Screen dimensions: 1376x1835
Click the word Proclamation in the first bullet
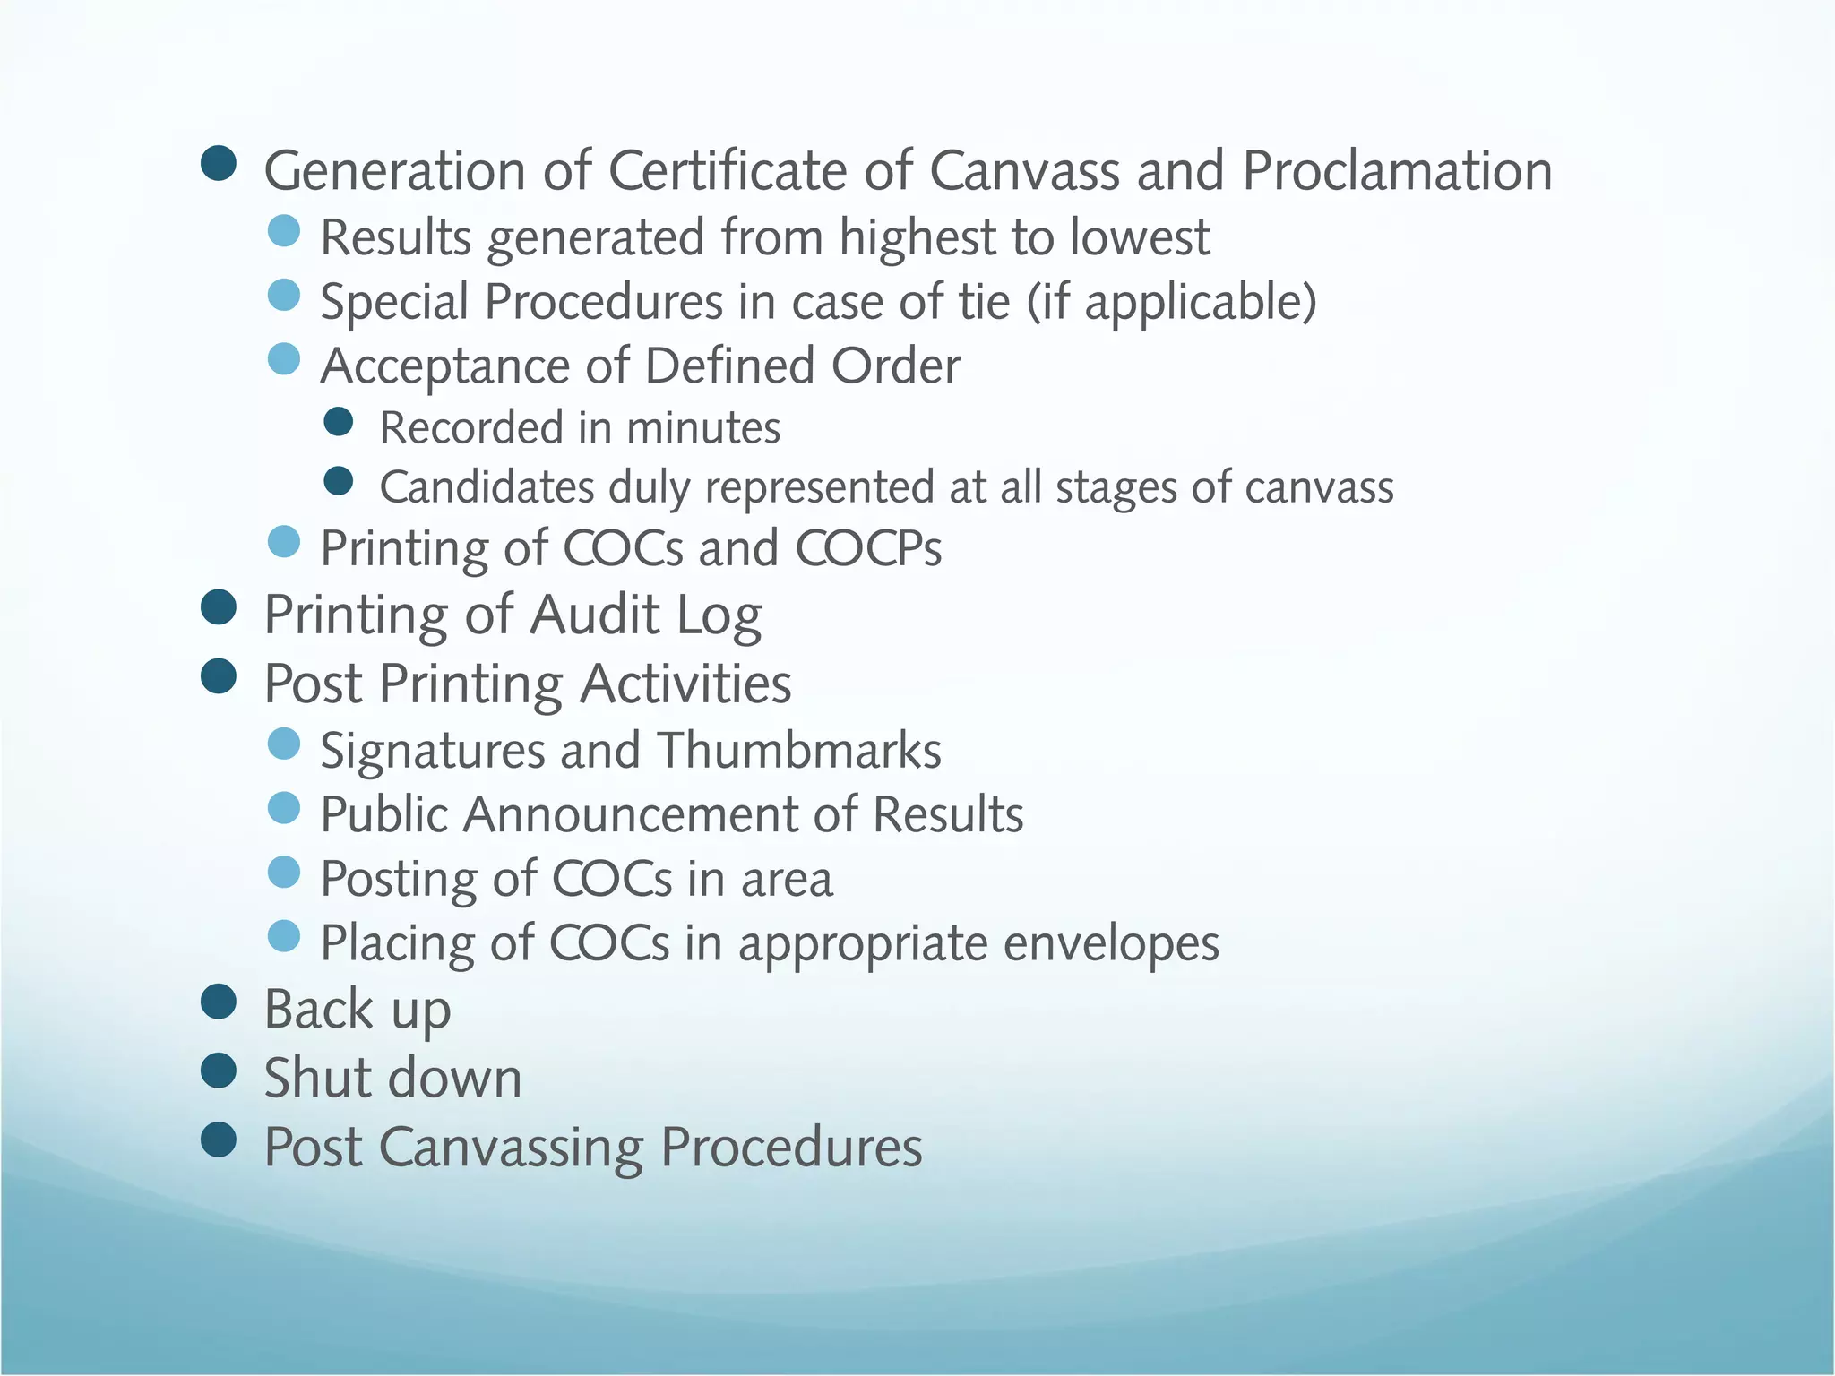[x=1397, y=170]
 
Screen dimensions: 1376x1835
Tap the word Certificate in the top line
[x=760, y=170]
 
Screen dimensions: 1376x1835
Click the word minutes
[x=703, y=428]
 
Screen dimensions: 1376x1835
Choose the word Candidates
[x=487, y=488]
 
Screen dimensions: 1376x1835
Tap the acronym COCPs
[x=868, y=548]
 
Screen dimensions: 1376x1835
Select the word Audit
[x=595, y=615]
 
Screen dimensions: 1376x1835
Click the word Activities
[x=685, y=684]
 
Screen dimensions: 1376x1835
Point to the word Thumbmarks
[x=799, y=750]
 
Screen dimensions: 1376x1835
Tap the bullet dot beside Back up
[x=219, y=1002]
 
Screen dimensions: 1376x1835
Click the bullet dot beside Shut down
[x=219, y=1071]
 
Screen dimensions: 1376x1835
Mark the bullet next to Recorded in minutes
[x=339, y=422]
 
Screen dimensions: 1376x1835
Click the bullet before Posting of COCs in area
[x=284, y=873]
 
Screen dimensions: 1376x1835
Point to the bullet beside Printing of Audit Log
[x=219, y=607]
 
